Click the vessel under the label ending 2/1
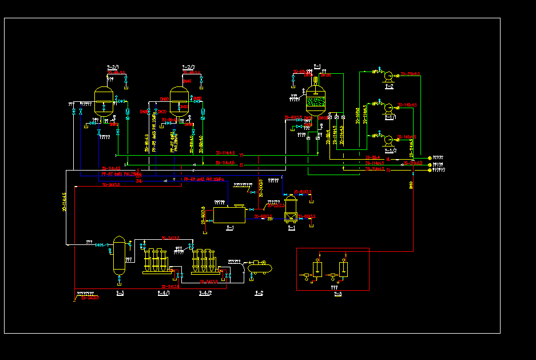click(x=104, y=103)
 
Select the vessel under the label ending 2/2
click(x=180, y=103)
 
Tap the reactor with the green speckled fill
click(x=315, y=102)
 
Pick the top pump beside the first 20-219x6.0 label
click(x=388, y=75)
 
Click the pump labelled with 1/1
click(x=388, y=107)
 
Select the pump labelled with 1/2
click(x=388, y=139)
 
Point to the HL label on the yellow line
click(x=388, y=159)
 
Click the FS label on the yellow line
click(x=388, y=170)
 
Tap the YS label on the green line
click(x=241, y=155)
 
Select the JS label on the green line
click(x=241, y=165)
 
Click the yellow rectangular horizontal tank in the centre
click(x=229, y=215)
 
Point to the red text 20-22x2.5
click(x=276, y=205)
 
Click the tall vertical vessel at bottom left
click(x=119, y=255)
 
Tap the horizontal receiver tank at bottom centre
click(x=259, y=267)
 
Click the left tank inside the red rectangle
click(x=317, y=269)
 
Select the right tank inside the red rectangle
click(x=343, y=269)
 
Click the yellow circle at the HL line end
click(x=430, y=157)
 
